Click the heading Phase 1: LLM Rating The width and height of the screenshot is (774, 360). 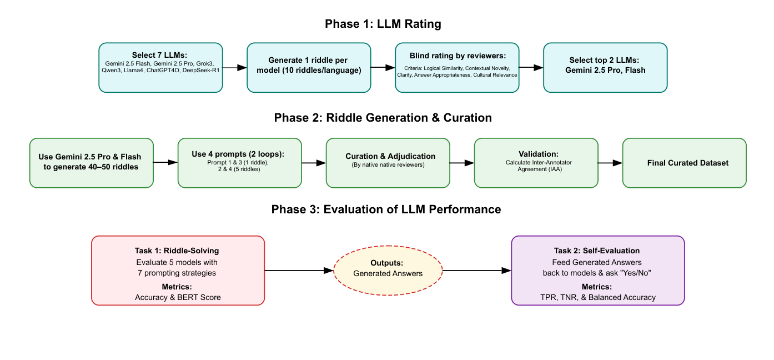[383, 24]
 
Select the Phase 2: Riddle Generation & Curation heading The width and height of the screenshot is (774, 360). [383, 118]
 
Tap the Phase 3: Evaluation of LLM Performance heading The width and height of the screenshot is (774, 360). [386, 209]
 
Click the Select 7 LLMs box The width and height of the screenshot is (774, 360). [160, 67]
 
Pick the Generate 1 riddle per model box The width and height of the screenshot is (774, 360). [309, 67]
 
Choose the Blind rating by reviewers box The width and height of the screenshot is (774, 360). [457, 67]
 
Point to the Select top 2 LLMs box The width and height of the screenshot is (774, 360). [605, 67]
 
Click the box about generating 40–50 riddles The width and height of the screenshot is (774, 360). [92, 163]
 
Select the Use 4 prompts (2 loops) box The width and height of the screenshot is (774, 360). [240, 163]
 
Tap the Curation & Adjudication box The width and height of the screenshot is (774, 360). [388, 163]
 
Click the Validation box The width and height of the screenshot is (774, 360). [536, 163]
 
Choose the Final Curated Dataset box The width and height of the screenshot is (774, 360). [685, 163]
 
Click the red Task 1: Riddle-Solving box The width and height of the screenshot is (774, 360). [178, 271]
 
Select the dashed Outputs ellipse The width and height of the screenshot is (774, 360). [388, 271]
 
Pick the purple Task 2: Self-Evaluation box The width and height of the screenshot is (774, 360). [597, 271]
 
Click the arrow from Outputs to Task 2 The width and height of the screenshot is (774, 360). [476, 271]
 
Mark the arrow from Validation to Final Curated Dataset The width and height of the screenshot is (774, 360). [610, 163]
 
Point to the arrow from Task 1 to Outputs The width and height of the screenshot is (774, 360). [299, 271]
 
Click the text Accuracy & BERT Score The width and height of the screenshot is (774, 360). [178, 297]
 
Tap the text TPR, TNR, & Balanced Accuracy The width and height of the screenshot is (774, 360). [597, 297]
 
